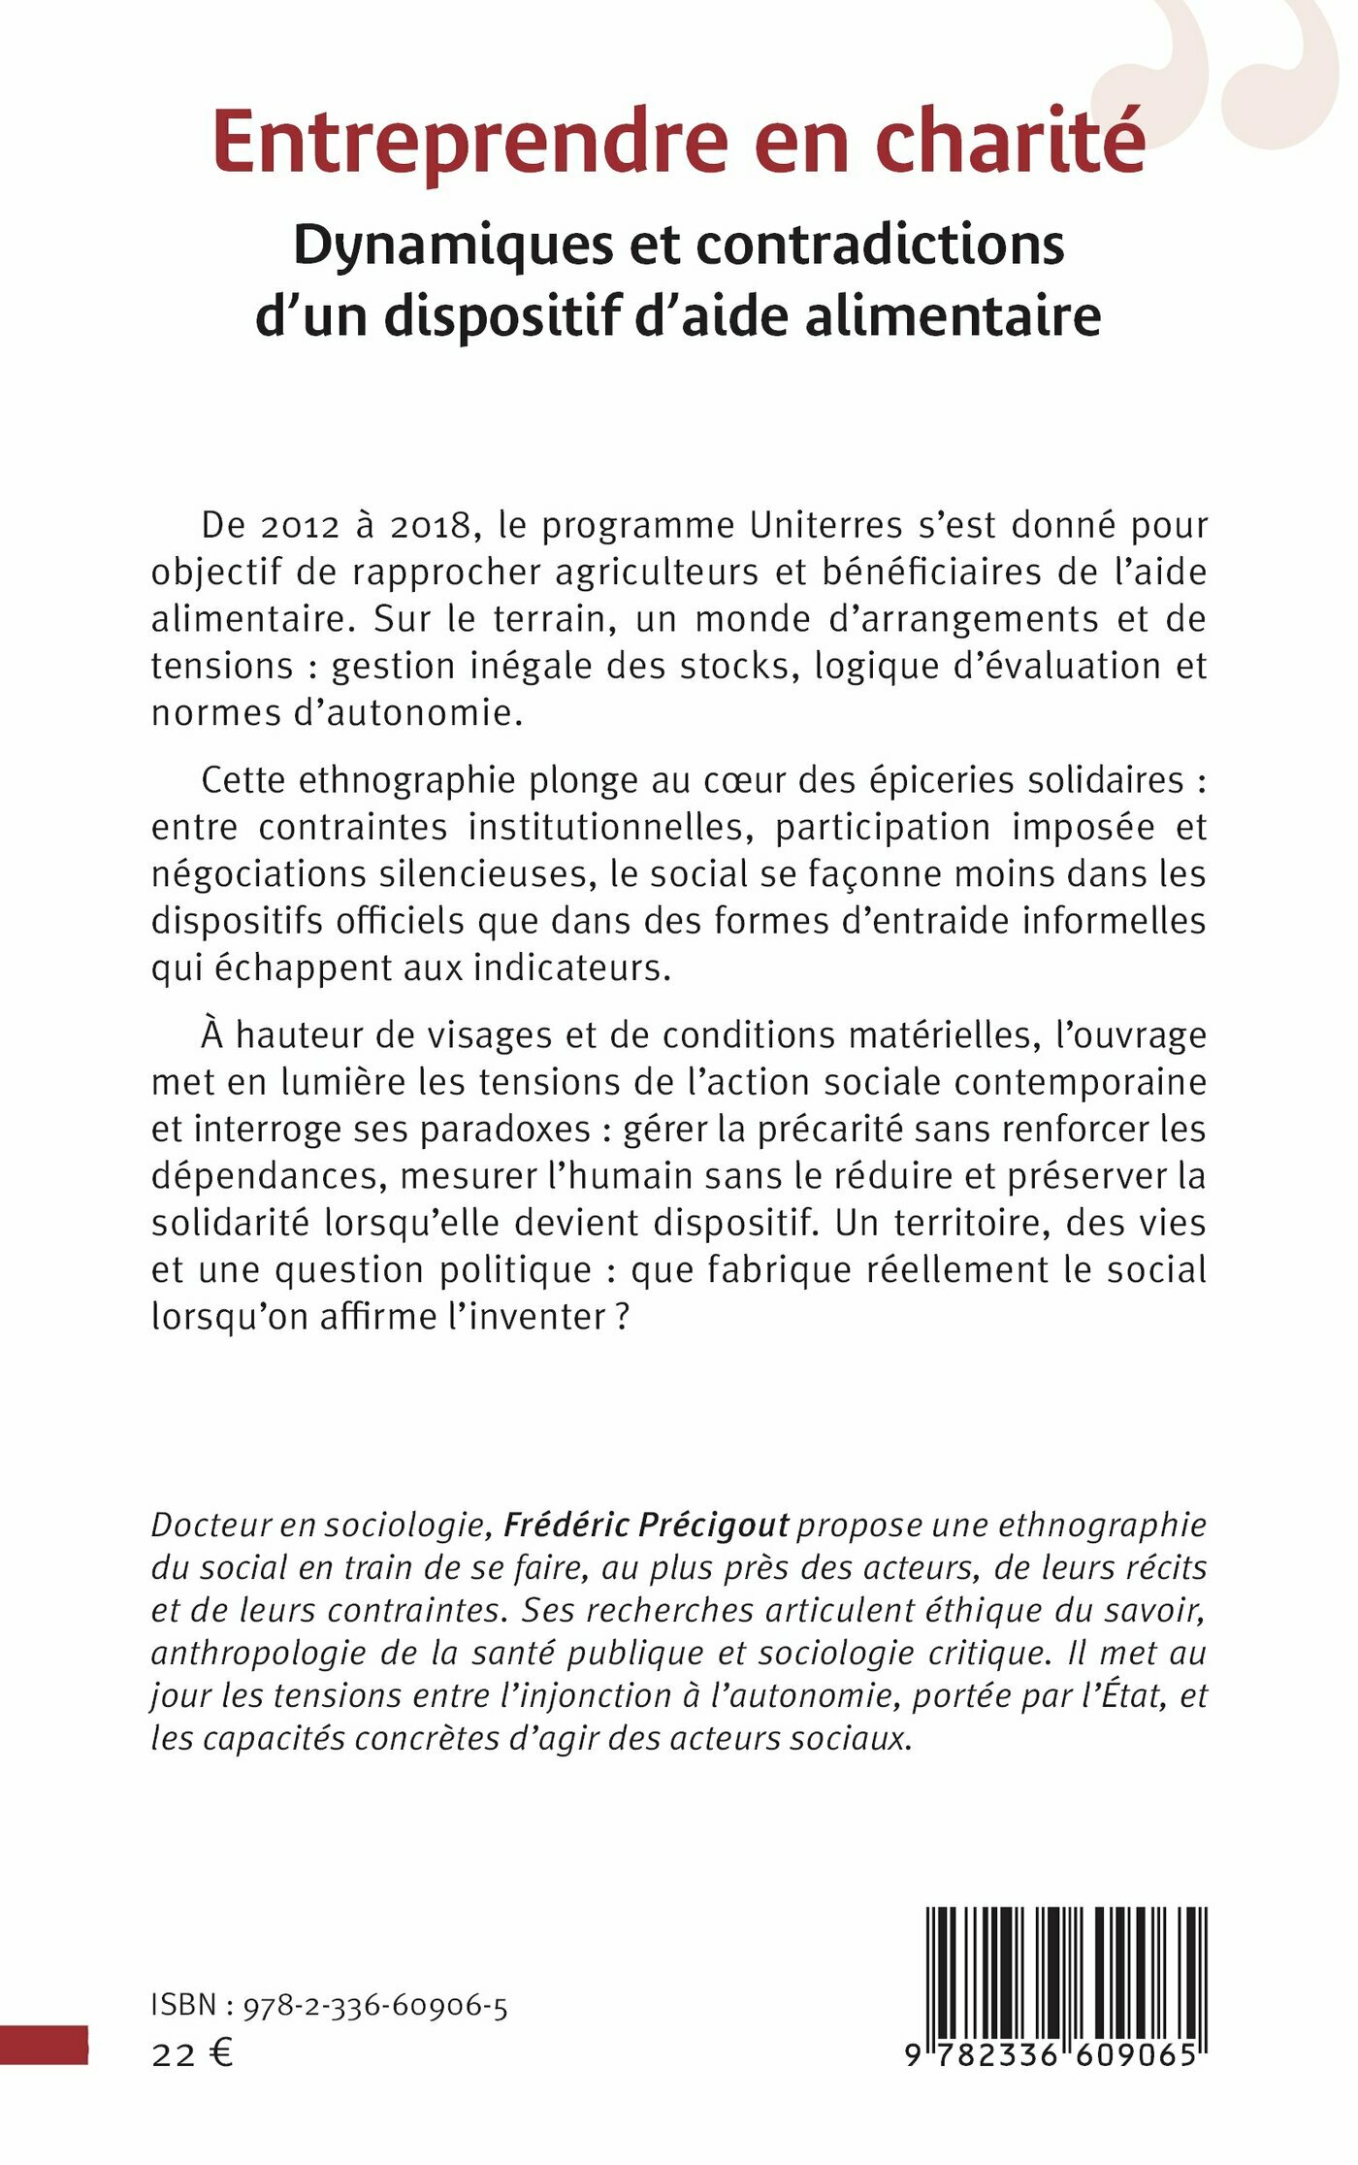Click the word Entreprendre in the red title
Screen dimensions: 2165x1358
click(469, 144)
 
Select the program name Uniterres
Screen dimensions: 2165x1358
click(826, 526)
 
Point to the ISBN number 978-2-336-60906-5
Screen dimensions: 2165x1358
click(375, 2007)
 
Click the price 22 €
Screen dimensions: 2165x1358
click(192, 2054)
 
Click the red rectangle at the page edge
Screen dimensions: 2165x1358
click(44, 2045)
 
